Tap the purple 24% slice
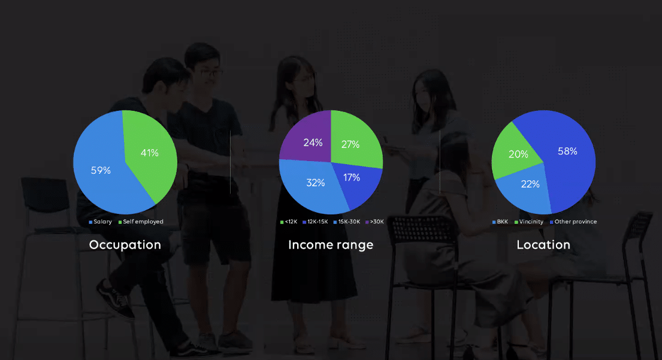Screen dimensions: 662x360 [x=310, y=140]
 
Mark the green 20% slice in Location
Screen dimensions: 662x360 [x=515, y=152]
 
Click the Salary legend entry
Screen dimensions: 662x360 [x=100, y=222]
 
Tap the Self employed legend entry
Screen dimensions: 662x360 [x=141, y=222]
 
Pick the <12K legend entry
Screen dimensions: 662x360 [x=289, y=222]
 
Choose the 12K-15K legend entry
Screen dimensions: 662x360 [x=315, y=222]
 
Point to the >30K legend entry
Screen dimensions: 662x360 [x=374, y=222]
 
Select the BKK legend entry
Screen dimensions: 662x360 [x=500, y=222]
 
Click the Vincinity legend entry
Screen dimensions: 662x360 [x=529, y=222]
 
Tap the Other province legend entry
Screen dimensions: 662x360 [x=573, y=222]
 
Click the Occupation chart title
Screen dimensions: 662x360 [x=125, y=245]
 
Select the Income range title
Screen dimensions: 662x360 [x=331, y=245]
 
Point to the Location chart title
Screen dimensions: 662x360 [x=543, y=245]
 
